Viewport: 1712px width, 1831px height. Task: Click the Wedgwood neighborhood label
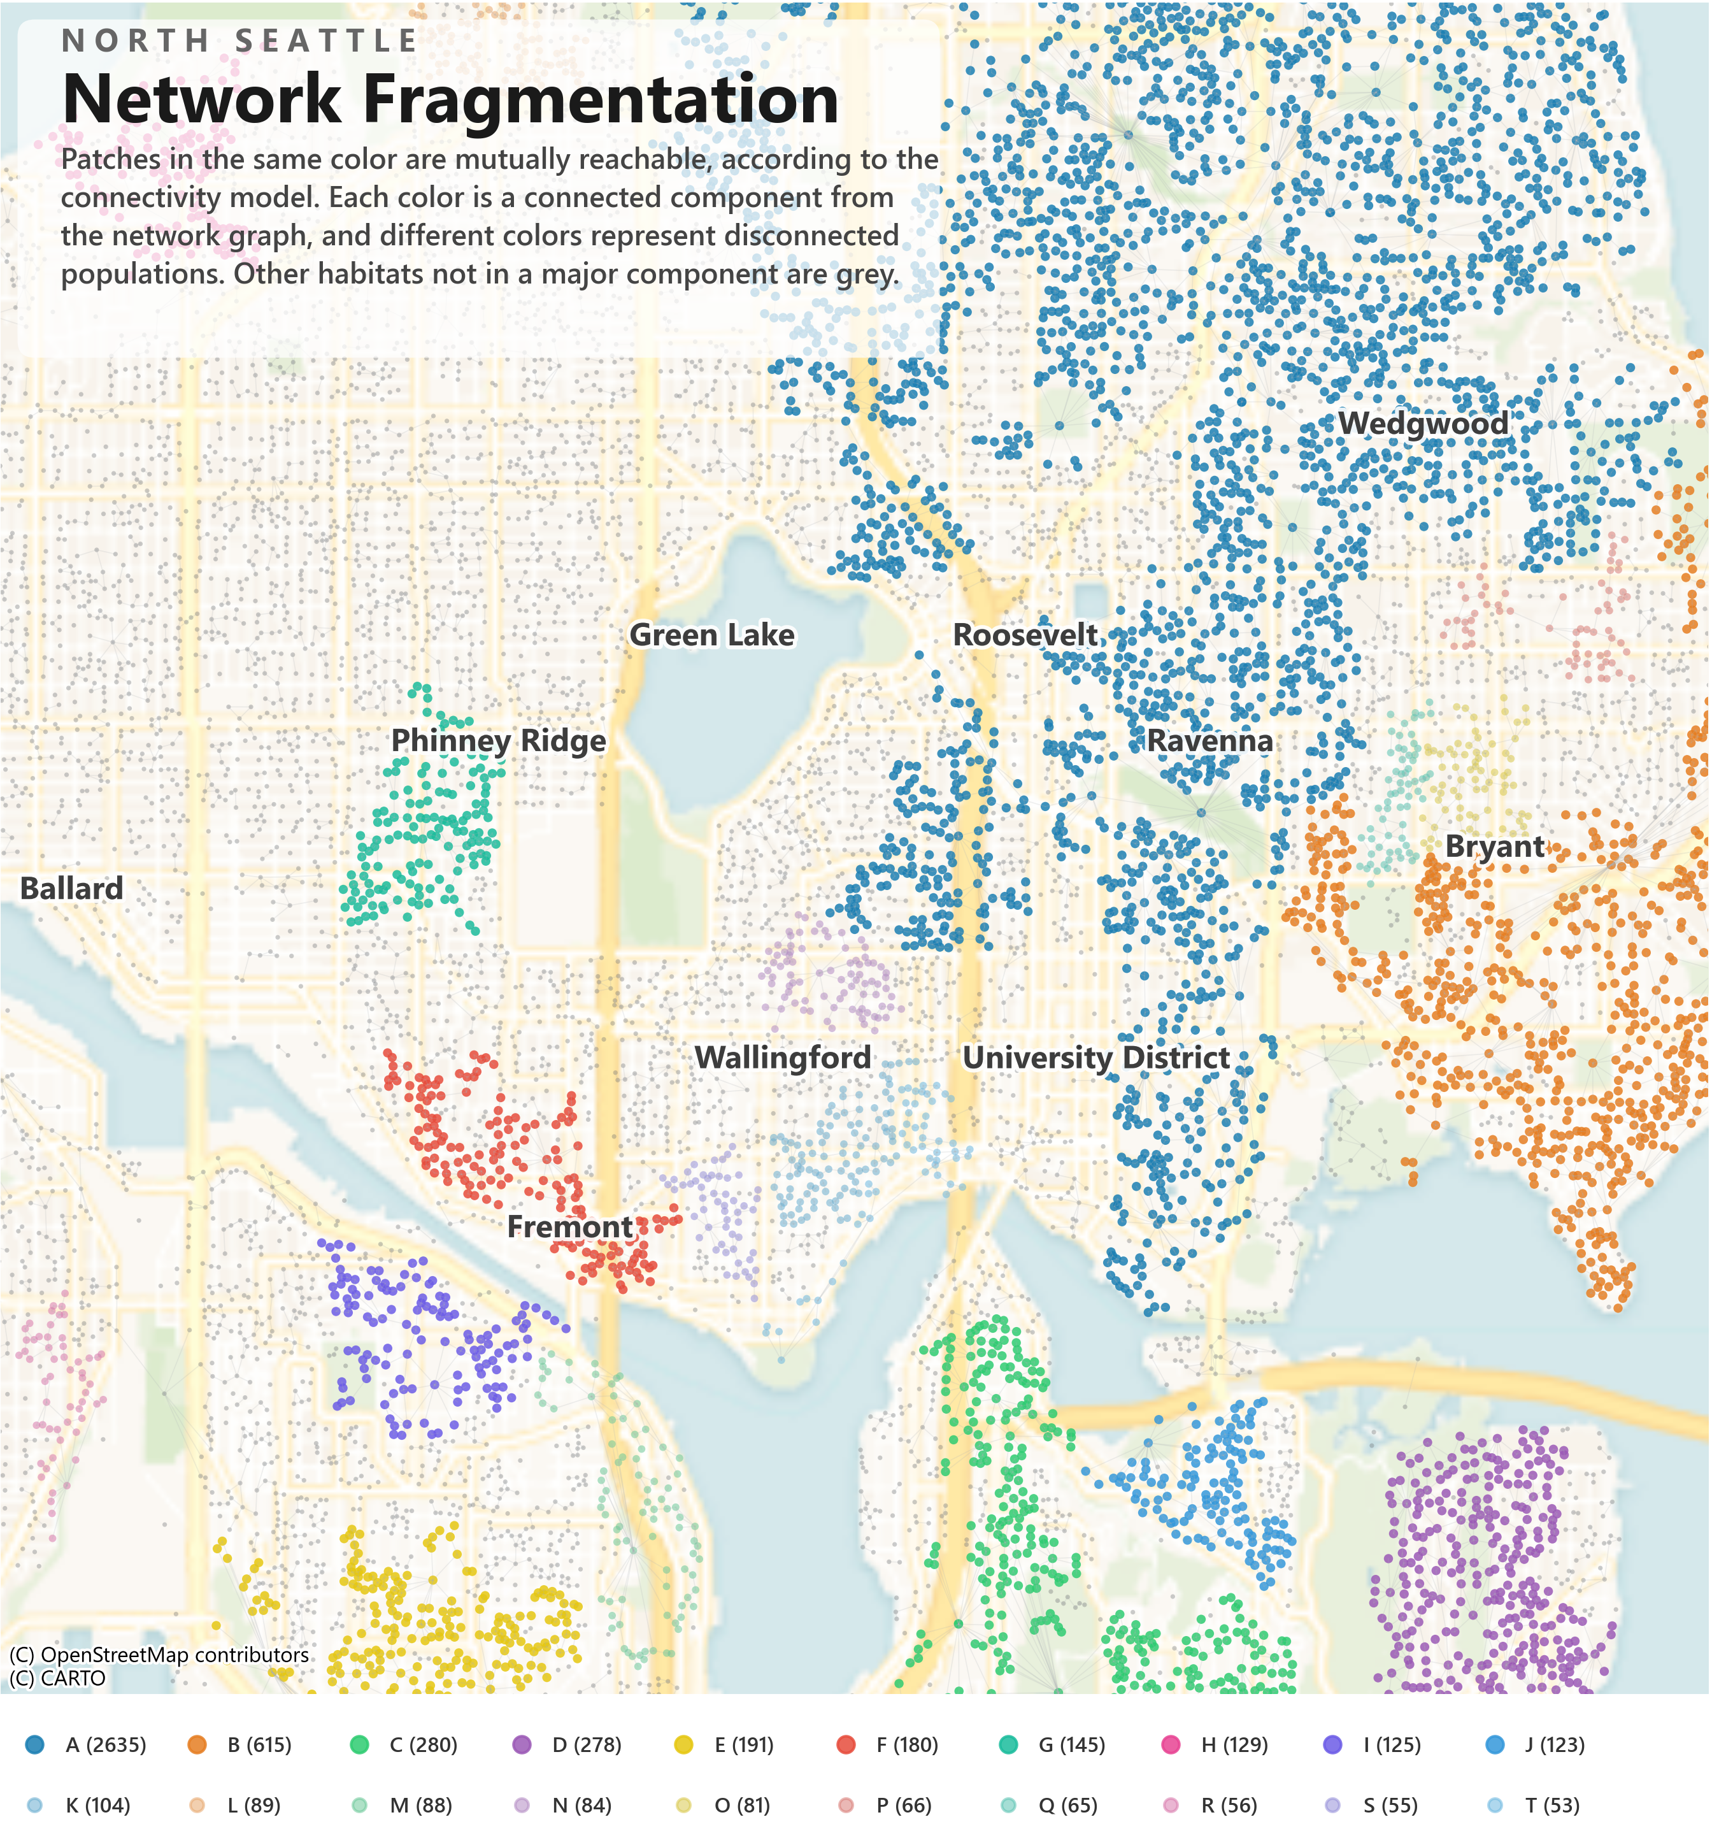pyautogui.click(x=1423, y=424)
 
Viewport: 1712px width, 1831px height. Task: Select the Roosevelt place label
pyautogui.click(x=1025, y=636)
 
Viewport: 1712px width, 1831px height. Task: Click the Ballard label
pyautogui.click(x=72, y=889)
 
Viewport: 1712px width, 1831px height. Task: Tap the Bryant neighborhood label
pyautogui.click(x=1495, y=847)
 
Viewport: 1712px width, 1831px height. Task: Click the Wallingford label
pyautogui.click(x=783, y=1058)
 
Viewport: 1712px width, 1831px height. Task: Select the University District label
pyautogui.click(x=1096, y=1058)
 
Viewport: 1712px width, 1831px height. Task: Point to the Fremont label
pyautogui.click(x=570, y=1228)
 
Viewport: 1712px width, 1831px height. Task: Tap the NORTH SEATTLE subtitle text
pyautogui.click(x=239, y=41)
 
